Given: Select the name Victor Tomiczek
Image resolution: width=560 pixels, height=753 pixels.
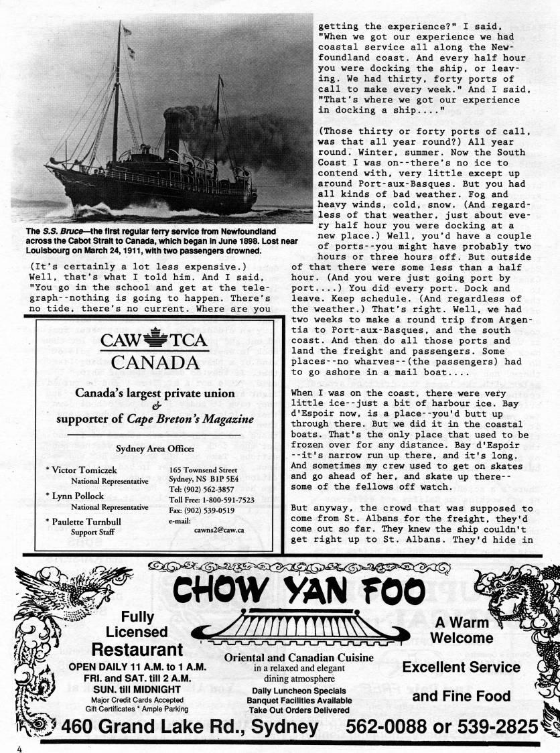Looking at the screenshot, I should (x=83, y=470).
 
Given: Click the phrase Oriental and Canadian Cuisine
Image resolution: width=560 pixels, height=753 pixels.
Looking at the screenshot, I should (x=299, y=657).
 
